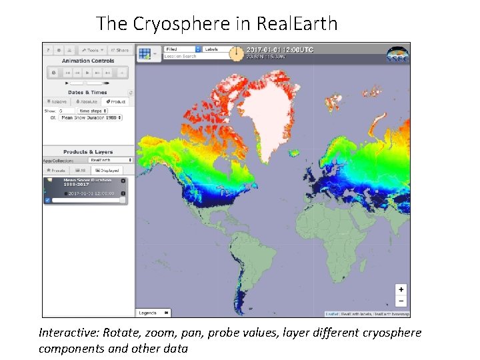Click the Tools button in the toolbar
(x=91, y=50)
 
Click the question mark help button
(x=48, y=50)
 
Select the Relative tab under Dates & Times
(x=56, y=101)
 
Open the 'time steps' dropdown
(x=93, y=111)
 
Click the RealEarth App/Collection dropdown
(x=111, y=160)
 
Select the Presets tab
(x=57, y=170)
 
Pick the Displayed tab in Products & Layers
(x=109, y=170)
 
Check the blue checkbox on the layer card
(x=47, y=199)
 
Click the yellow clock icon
(x=236, y=53)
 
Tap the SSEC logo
(x=397, y=54)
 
